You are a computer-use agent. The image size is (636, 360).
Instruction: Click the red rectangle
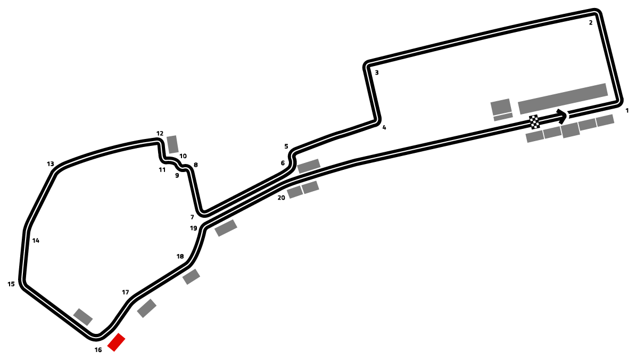click(116, 342)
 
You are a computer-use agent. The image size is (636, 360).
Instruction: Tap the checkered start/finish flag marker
click(534, 122)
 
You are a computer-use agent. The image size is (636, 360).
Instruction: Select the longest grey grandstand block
click(563, 99)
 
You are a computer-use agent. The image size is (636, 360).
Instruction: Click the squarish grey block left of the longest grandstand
click(501, 107)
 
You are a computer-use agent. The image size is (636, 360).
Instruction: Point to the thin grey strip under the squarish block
click(503, 117)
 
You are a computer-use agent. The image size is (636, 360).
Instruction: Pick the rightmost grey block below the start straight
click(605, 120)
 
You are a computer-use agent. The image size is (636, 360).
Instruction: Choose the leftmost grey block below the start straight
click(534, 136)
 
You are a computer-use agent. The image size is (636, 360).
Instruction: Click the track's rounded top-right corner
click(596, 13)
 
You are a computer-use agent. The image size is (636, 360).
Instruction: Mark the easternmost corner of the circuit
click(618, 100)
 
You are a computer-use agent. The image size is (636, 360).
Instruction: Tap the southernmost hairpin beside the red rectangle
click(96, 337)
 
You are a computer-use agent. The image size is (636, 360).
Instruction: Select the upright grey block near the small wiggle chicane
click(172, 144)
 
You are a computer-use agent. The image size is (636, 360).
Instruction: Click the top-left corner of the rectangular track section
click(368, 66)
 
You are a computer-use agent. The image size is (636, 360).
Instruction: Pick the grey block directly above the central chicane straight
click(309, 166)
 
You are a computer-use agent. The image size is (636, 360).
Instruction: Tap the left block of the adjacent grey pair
click(294, 192)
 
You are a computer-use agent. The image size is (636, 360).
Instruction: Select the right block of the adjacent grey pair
click(310, 187)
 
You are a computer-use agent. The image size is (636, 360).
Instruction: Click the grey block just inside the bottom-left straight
click(83, 317)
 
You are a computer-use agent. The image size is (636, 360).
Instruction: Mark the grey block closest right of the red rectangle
click(146, 308)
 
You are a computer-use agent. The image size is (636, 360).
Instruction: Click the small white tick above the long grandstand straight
click(565, 114)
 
